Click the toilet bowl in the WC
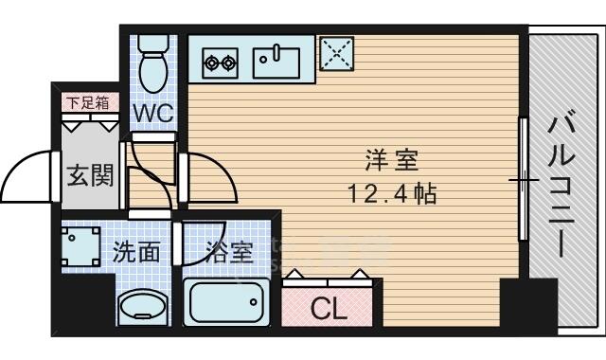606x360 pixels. coord(153,73)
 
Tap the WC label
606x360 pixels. coord(153,113)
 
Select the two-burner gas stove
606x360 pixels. coord(220,63)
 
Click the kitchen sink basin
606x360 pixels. coord(276,63)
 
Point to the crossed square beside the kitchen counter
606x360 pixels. coord(337,53)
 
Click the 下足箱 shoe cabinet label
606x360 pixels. coord(87,103)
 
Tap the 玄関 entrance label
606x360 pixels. coord(91,176)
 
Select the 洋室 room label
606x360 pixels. coord(391,160)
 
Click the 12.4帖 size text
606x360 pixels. coord(392,193)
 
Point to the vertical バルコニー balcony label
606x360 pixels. coord(561,183)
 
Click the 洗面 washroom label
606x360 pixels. coord(135,252)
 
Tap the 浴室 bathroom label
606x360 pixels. coord(229,252)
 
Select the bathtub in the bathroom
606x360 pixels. coord(226,302)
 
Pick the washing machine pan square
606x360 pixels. coord(81,246)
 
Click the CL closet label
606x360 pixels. coord(329,309)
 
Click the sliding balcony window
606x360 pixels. coord(524,179)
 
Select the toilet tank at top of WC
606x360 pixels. coord(153,44)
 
